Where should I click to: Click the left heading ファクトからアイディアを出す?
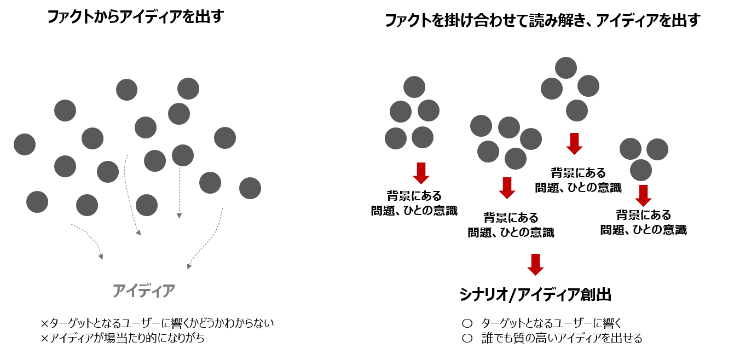click(x=135, y=17)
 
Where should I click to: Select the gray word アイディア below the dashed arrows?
click(x=144, y=291)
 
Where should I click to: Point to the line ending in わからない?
click(x=157, y=323)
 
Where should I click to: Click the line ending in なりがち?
click(x=123, y=338)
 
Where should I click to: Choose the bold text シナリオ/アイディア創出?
click(x=535, y=295)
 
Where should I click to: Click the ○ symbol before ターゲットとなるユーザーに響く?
click(x=467, y=323)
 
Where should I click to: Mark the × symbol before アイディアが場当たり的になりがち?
click(x=45, y=338)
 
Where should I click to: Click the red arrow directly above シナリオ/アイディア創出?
click(x=535, y=264)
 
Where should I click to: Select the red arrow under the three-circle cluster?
click(x=643, y=195)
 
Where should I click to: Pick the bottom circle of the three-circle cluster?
click(x=640, y=170)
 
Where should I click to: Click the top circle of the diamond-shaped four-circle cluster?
click(x=566, y=68)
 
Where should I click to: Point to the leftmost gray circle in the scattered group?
click(x=25, y=144)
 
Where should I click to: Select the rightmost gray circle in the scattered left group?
click(x=250, y=188)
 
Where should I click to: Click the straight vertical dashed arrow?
click(x=179, y=191)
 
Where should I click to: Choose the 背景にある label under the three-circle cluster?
click(x=643, y=215)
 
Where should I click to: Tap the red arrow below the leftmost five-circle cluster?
click(x=420, y=173)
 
